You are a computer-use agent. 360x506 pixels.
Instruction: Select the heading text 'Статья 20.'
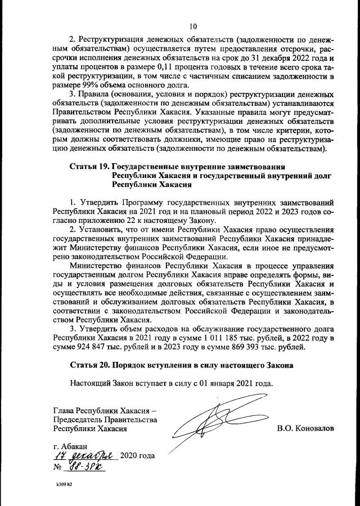click(x=90, y=365)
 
